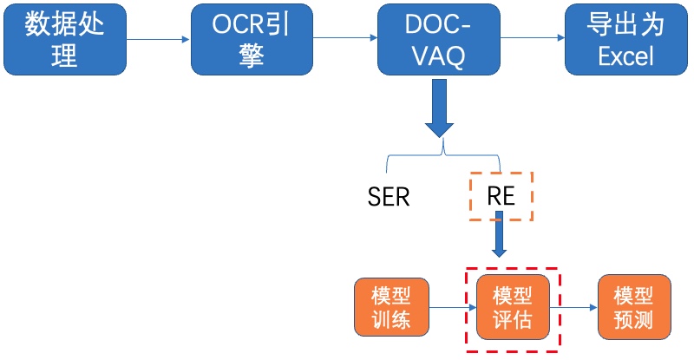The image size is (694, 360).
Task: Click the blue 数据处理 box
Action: (x=65, y=39)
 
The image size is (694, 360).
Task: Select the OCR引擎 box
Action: (x=252, y=39)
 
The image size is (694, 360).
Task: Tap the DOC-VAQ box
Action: (x=439, y=39)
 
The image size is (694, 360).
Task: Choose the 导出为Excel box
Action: (x=626, y=39)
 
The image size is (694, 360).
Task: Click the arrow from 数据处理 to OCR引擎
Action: (x=158, y=39)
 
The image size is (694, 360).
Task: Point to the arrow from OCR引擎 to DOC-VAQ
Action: (x=345, y=37)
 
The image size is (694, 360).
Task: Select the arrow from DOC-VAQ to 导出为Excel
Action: (x=533, y=37)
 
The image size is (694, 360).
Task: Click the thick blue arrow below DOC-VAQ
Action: (x=439, y=108)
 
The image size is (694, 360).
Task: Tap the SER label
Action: (x=389, y=197)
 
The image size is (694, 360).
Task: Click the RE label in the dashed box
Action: (x=501, y=196)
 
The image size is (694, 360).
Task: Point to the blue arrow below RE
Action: (x=500, y=234)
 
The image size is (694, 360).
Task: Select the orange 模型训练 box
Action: (x=392, y=307)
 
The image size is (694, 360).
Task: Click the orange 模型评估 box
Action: (x=513, y=307)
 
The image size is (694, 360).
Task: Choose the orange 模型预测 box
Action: (x=634, y=307)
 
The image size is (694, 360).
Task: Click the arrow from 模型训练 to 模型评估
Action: (x=453, y=307)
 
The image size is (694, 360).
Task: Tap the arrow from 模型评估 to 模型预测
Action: (x=573, y=307)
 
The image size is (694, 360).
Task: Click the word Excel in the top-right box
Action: (x=625, y=56)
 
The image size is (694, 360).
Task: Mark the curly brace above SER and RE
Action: (x=443, y=155)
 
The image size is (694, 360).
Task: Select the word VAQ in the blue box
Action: (x=439, y=56)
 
